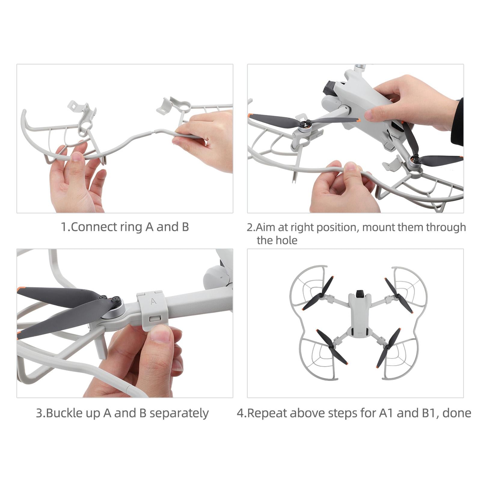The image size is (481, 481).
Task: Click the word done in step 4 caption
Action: coord(457,413)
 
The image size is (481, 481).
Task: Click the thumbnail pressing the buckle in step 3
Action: coord(161,334)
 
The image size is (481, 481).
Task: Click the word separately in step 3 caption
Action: coord(179,413)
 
